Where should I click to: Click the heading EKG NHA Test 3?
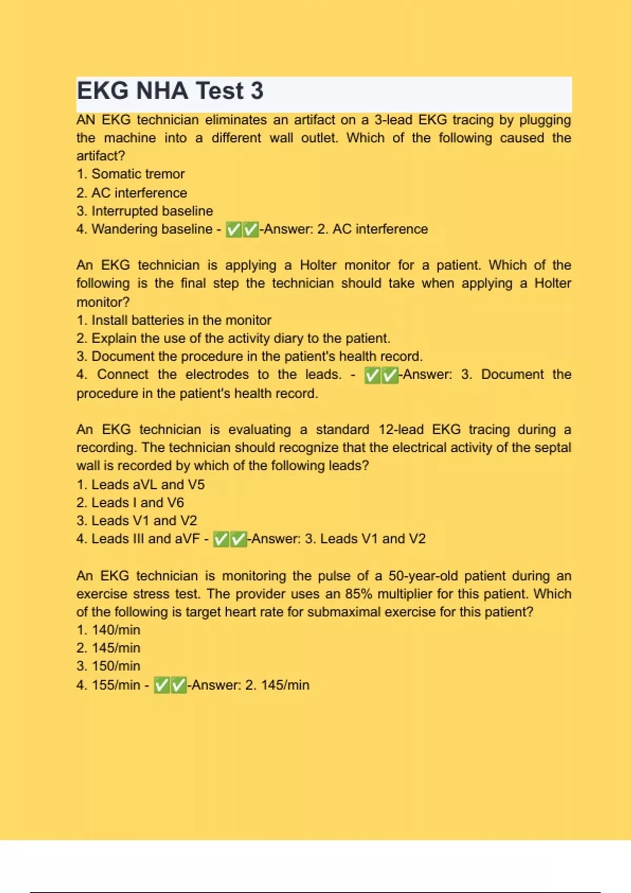170,91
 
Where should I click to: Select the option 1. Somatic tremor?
130,174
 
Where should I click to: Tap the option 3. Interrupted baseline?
145,211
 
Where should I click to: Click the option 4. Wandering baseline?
144,229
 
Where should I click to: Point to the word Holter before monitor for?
318,265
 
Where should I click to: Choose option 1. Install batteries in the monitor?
174,320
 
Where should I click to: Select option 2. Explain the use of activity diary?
233,338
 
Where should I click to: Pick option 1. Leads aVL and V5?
140,484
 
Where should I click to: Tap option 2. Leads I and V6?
130,503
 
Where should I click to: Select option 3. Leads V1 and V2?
136,521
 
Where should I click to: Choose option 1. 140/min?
108,630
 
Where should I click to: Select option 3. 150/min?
108,666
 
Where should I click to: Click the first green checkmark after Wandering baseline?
233,230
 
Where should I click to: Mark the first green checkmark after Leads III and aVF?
221,539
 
